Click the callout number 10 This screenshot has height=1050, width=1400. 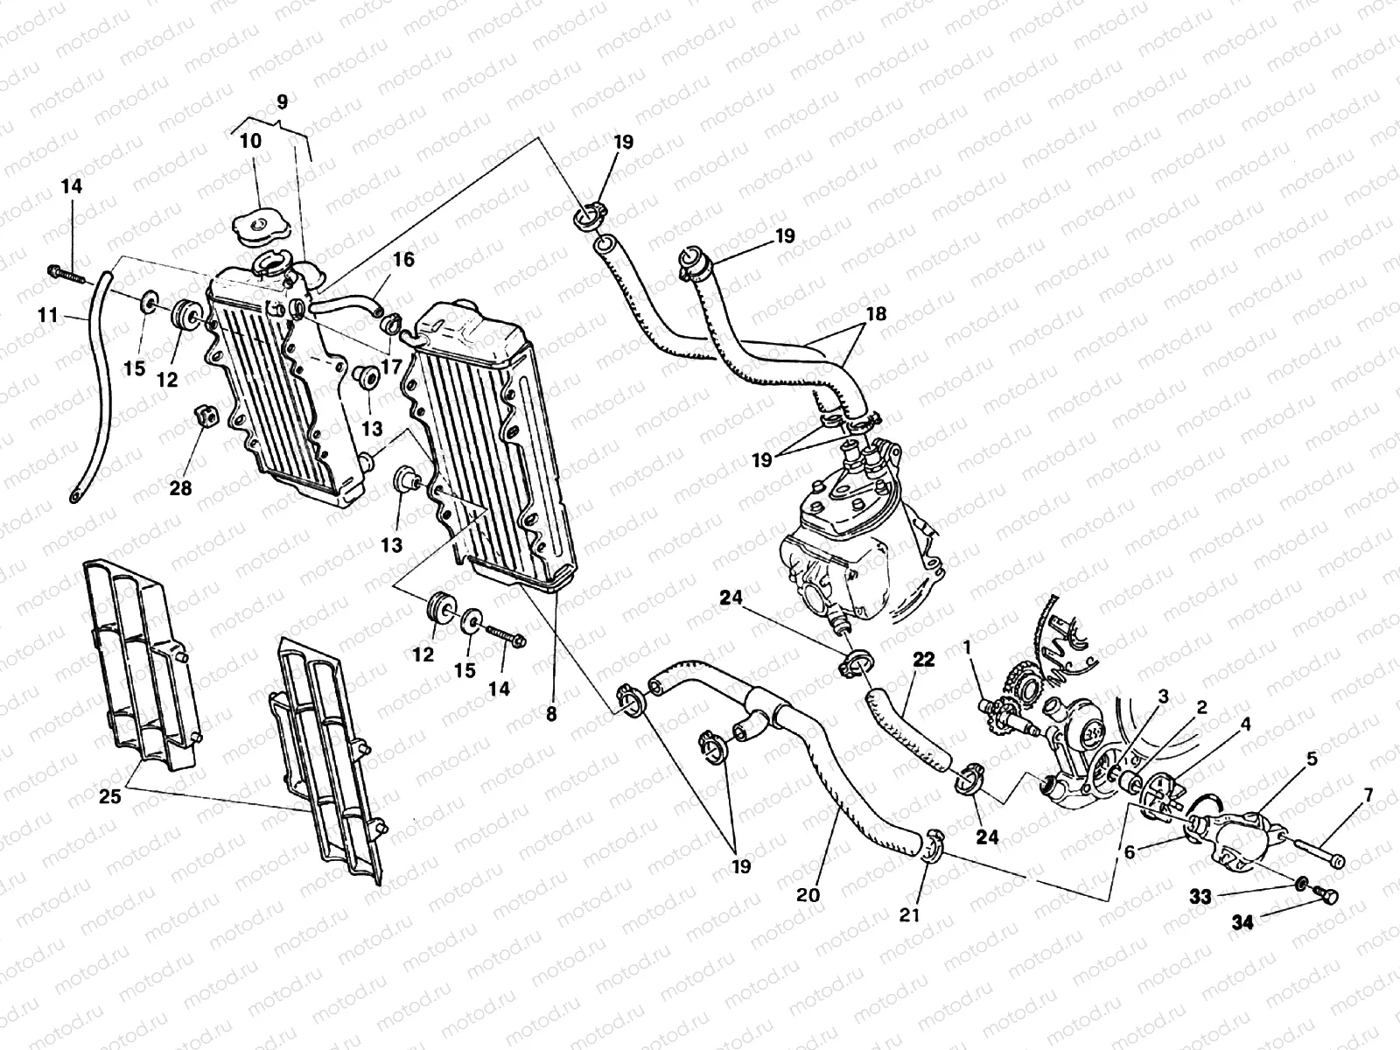(250, 141)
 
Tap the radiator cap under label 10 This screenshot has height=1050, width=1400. (258, 227)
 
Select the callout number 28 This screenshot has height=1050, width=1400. (180, 488)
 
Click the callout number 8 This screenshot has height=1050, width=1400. (550, 713)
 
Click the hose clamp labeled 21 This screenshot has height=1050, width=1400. (932, 844)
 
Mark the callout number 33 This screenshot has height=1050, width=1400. (1200, 896)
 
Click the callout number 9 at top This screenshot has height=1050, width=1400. (282, 101)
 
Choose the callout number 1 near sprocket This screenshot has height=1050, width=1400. (967, 647)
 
